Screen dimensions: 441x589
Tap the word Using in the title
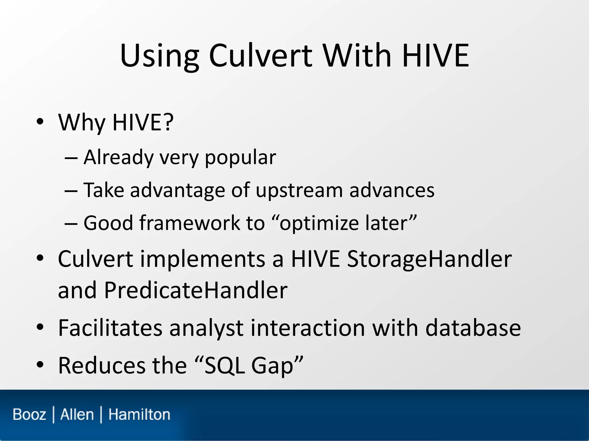pos(160,56)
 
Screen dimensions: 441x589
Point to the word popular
pos(240,158)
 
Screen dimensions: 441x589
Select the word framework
pos(190,223)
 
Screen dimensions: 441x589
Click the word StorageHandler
pos(429,259)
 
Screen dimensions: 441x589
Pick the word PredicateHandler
pos(196,290)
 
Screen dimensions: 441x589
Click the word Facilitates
pos(110,328)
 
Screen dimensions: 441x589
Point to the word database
pos(473,328)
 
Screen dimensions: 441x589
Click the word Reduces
pos(102,365)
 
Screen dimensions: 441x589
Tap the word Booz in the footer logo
pos(29,415)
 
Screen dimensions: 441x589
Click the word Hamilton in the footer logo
pos(139,415)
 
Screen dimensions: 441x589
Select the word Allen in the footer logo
pos(77,415)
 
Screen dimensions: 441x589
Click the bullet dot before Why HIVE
pos(40,122)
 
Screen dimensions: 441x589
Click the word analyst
pos(206,328)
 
